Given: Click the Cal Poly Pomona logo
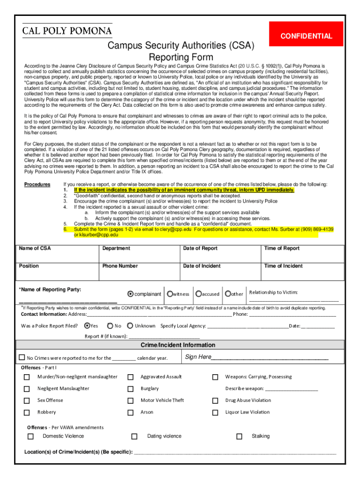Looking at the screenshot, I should pos(67,31).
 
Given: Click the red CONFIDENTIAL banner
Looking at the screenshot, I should pos(306,36).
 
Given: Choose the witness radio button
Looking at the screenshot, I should pos(170,294).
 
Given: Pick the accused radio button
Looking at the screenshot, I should pos(199,294).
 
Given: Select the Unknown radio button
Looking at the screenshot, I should pos(131,326).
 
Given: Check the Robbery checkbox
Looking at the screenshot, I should pos(27,413).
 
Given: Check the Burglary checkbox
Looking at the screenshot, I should pos(130,389).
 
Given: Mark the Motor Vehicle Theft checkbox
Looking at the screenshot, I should pos(130,400).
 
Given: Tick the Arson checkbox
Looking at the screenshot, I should pos(130,413).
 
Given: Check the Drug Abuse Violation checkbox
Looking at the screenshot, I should pos(215,400).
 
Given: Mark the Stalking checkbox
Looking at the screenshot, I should pos(239,436).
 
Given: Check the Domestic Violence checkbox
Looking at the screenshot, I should pos(30,436).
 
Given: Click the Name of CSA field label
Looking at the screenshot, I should pos(35,248).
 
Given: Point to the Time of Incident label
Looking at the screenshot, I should pos(283,266).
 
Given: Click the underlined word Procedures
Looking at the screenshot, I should pos(37,184).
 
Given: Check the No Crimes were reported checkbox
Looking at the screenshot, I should pos(22,357).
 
